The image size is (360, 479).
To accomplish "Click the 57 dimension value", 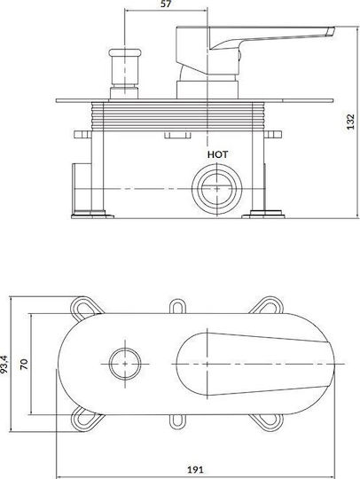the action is [166, 4].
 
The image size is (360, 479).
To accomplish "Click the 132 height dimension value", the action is [351, 122].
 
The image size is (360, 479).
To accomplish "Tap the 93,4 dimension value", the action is [4, 365].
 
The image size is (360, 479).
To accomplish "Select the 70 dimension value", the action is [24, 365].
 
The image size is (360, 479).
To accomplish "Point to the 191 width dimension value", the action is [195, 469].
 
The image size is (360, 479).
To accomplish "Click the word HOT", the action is [218, 154].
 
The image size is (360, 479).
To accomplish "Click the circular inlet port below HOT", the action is [216, 189].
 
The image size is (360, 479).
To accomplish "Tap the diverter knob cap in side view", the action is [125, 52].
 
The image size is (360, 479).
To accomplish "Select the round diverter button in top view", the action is [125, 364].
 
